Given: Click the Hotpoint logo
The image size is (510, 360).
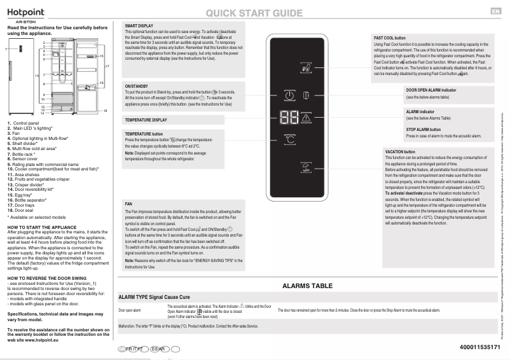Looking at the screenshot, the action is [x=27, y=13].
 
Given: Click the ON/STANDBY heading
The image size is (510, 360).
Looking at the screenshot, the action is [x=136, y=86].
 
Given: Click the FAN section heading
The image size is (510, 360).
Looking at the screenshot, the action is [x=129, y=204].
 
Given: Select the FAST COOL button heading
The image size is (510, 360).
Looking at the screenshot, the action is [x=390, y=38].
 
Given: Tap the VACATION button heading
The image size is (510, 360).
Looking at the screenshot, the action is [x=400, y=152].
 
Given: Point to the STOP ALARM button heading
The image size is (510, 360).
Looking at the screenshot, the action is [x=425, y=129].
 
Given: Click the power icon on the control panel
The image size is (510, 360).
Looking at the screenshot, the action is [x=289, y=96].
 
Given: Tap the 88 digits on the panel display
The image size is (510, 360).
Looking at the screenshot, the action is [x=288, y=118].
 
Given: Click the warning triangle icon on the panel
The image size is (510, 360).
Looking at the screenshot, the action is [x=306, y=118].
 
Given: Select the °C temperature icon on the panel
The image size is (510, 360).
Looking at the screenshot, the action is [x=289, y=139].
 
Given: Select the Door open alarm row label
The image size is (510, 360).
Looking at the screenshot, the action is [x=129, y=310].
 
